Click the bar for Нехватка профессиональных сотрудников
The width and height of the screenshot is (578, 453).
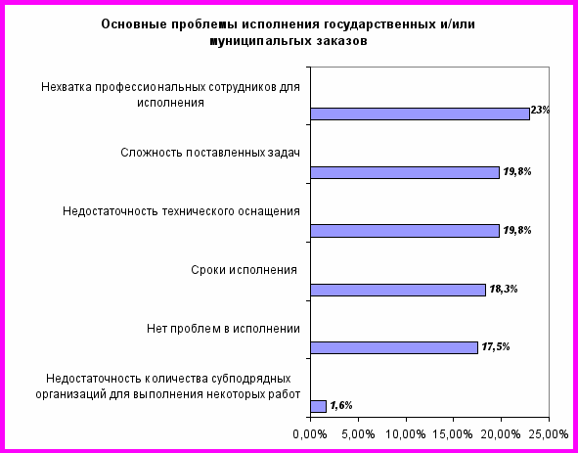tap(420, 114)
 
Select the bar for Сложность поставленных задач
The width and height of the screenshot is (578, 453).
tap(405, 172)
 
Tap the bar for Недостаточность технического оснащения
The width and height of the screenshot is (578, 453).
tap(405, 231)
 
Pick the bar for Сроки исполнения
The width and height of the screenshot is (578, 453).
tap(398, 290)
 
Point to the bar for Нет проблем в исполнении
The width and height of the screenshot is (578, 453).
tap(394, 348)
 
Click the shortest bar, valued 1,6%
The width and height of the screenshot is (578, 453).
tap(318, 406)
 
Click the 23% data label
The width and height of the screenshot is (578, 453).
tap(540, 110)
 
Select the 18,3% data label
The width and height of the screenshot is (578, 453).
tap(504, 289)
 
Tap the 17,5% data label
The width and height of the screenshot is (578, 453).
tap(496, 346)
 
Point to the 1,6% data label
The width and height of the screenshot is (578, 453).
tap(341, 405)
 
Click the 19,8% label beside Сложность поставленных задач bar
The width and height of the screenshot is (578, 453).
tap(517, 171)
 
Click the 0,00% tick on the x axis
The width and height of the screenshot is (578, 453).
tap(310, 434)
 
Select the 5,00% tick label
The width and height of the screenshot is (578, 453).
tap(358, 434)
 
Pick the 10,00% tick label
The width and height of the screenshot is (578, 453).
tap(406, 434)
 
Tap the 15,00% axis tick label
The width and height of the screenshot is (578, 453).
tap(454, 434)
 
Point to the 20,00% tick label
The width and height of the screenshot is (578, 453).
tap(501, 434)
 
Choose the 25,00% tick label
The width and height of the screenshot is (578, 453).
tap(549, 434)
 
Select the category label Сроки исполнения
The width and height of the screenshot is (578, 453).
tap(245, 270)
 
